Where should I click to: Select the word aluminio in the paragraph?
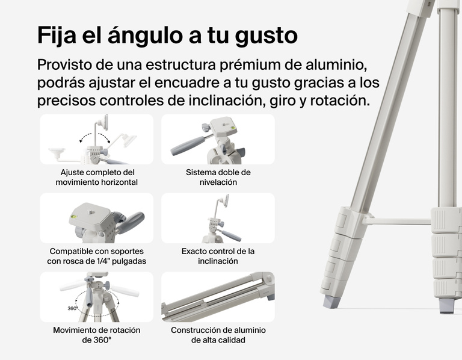336,64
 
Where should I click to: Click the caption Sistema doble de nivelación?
218,177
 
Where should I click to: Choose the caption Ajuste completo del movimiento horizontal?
97,177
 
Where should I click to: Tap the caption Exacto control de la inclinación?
218,256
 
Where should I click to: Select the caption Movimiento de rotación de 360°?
97,335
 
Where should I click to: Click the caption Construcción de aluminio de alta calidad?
218,335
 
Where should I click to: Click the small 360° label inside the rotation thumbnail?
72,308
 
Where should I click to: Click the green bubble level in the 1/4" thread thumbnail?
73,217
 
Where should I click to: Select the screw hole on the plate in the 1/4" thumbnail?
89,211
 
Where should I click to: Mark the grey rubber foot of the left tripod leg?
332,302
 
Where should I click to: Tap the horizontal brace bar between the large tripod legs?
396,221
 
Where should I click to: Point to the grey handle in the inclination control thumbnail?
231,235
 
